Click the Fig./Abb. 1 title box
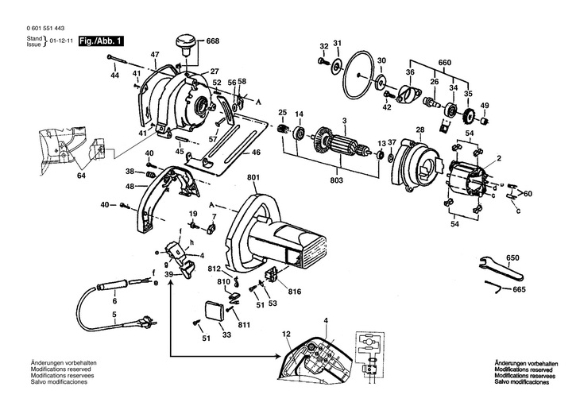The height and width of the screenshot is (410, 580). point(101,41)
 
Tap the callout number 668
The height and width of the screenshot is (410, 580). point(212,41)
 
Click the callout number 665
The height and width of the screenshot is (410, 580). point(519,289)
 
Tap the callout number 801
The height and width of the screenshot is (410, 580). point(253,178)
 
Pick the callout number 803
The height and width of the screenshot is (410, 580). point(337,180)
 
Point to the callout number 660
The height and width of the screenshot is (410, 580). point(444,63)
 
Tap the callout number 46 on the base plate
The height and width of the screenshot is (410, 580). point(256,152)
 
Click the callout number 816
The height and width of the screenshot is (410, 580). point(296,292)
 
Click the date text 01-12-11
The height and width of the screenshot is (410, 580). point(61,41)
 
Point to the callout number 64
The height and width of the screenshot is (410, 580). point(81,176)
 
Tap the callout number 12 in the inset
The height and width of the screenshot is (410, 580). point(286,334)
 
